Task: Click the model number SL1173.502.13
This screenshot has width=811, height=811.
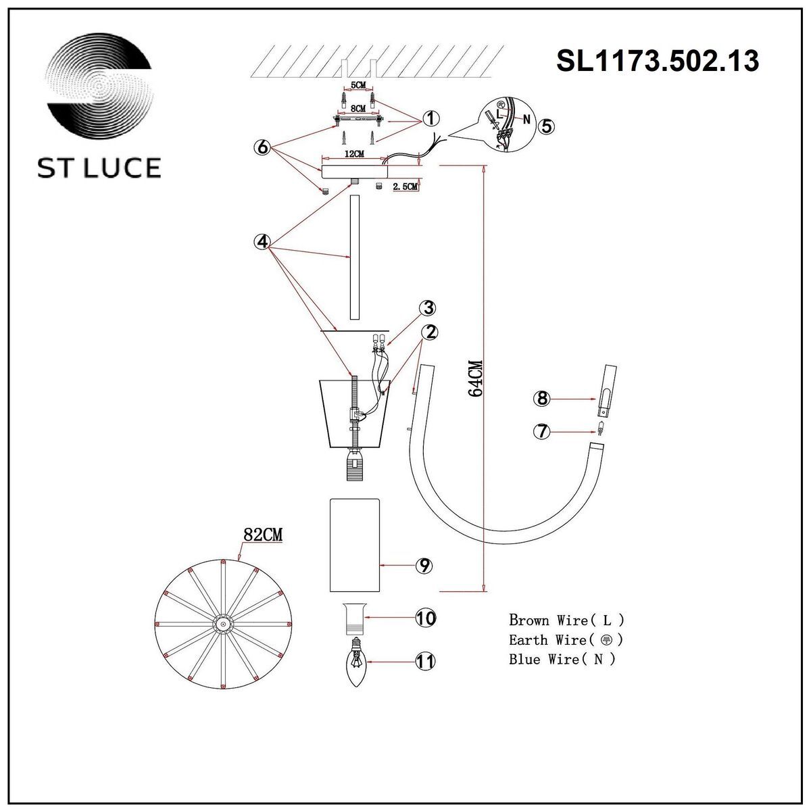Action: [x=657, y=61]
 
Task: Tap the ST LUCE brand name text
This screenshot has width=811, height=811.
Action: [x=99, y=168]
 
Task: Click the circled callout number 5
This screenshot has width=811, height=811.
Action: [x=546, y=125]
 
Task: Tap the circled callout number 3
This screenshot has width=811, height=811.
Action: [x=426, y=308]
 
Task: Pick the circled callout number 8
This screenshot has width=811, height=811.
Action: [x=541, y=399]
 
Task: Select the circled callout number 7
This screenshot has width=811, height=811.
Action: [x=541, y=431]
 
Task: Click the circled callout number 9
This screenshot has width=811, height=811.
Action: [x=424, y=566]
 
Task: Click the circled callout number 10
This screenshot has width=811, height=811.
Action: [x=425, y=618]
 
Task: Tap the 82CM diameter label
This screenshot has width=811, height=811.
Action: [x=262, y=535]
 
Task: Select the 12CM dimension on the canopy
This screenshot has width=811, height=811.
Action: [x=354, y=154]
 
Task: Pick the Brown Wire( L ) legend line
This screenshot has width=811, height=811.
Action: [x=566, y=619]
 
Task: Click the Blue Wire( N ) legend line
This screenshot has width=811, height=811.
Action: [x=562, y=659]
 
